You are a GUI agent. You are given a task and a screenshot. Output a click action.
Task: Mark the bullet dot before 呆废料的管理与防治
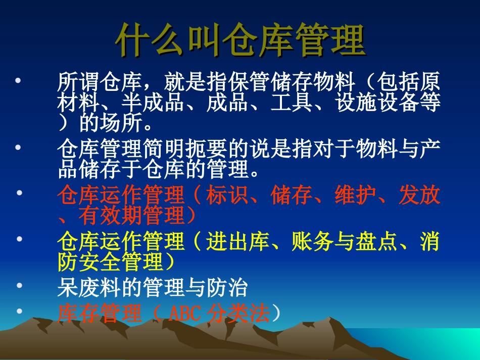[19, 286]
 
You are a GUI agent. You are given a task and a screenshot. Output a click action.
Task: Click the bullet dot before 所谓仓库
[19, 80]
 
